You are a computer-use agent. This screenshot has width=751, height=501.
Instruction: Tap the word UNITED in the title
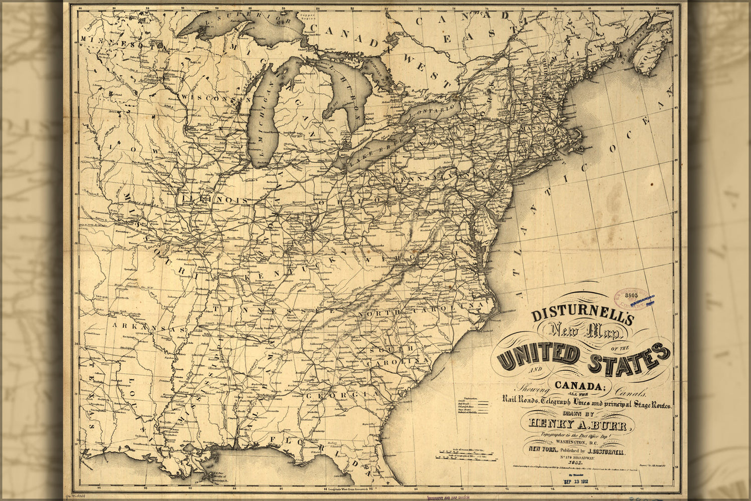tap(539, 356)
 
